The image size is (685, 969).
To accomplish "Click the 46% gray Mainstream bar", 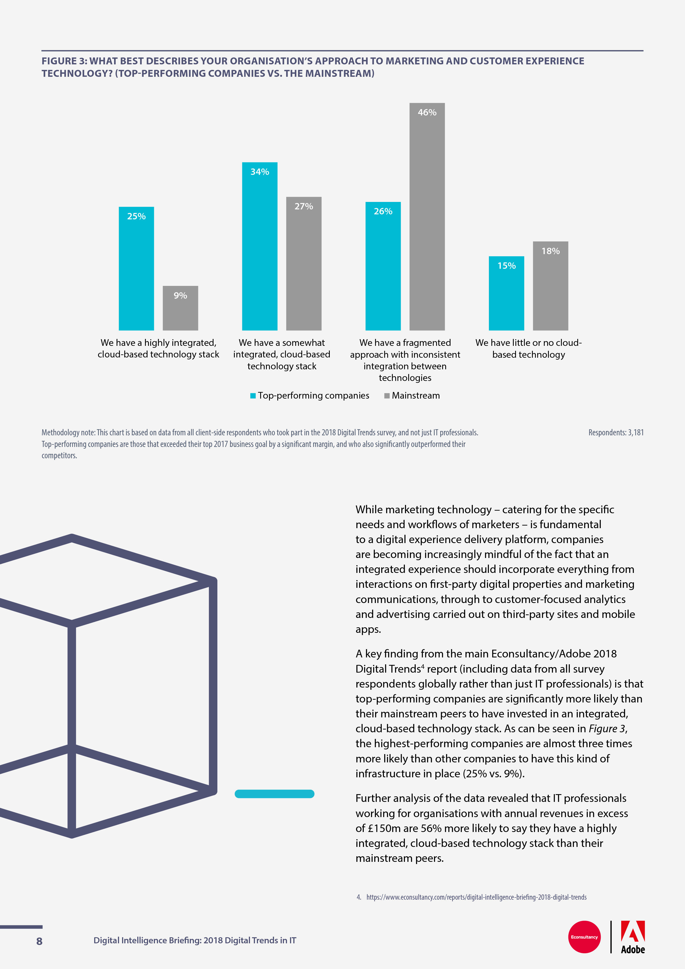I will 427,217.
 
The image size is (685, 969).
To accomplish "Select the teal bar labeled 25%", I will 136,268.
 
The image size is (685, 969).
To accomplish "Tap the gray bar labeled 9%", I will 180,308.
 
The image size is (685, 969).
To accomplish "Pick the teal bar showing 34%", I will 260,246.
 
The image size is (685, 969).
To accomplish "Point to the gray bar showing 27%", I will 304,263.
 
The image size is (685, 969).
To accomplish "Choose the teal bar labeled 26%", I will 383,266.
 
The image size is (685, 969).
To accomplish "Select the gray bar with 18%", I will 550,286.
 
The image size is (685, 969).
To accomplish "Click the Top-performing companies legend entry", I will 310,396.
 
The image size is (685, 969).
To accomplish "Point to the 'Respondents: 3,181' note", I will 616,433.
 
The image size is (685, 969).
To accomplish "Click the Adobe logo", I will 633,937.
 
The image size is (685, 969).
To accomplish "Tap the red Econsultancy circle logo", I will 584,937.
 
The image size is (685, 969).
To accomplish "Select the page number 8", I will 39,941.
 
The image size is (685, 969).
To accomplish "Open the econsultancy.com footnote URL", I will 476,897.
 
